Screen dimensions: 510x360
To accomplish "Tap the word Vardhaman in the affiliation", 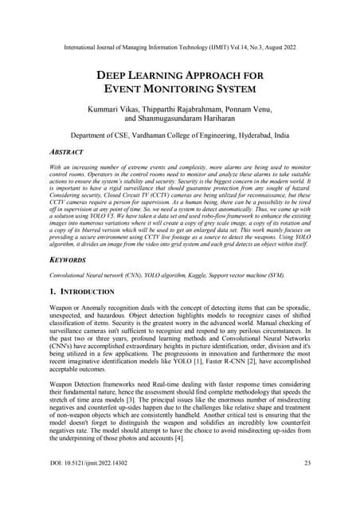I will (138, 136).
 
